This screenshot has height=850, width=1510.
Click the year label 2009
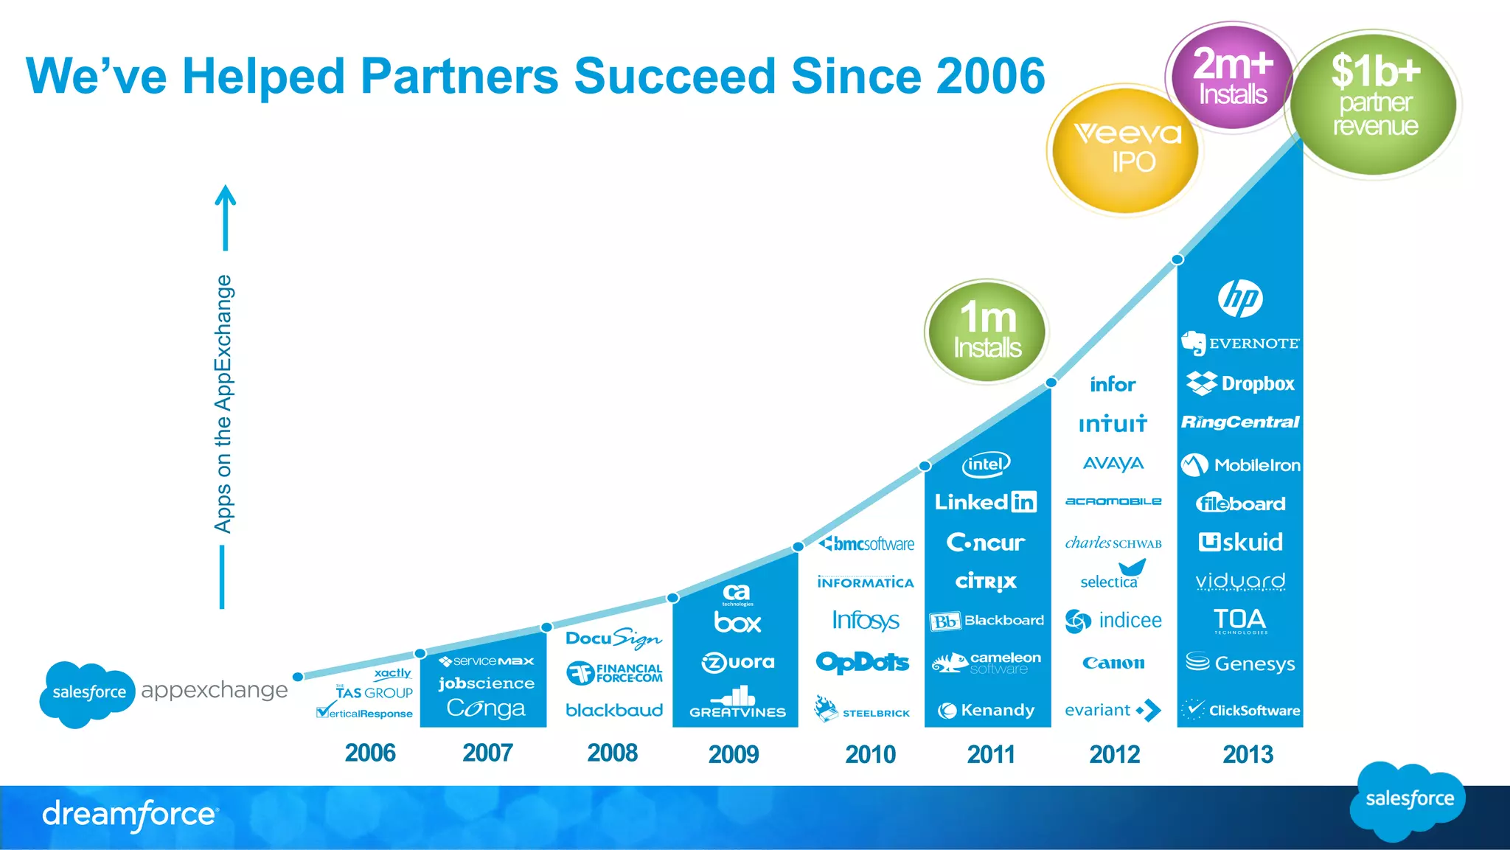coord(734,754)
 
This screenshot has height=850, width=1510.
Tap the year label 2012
coord(1114,754)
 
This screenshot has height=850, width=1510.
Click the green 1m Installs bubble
coord(987,332)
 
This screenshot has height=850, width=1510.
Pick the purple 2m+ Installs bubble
coord(1231,77)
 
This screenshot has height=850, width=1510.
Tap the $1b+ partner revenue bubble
coord(1374,103)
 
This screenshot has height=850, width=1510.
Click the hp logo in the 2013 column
coord(1240,299)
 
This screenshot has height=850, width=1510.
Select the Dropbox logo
coord(1240,383)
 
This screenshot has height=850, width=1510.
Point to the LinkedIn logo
coord(986,502)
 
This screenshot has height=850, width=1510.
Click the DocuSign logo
coord(613,638)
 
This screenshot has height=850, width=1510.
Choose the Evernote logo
coord(1240,344)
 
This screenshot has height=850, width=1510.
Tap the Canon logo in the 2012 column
coord(1113,663)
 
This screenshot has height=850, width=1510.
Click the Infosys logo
coord(865,620)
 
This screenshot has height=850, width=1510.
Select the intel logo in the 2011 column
coord(986,464)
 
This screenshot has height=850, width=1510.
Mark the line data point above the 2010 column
coord(798,546)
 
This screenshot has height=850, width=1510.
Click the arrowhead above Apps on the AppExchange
coord(226,195)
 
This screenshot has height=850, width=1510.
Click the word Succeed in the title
coord(674,76)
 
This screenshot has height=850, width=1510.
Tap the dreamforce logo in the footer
coord(130,815)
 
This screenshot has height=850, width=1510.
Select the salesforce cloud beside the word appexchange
coord(87,692)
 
